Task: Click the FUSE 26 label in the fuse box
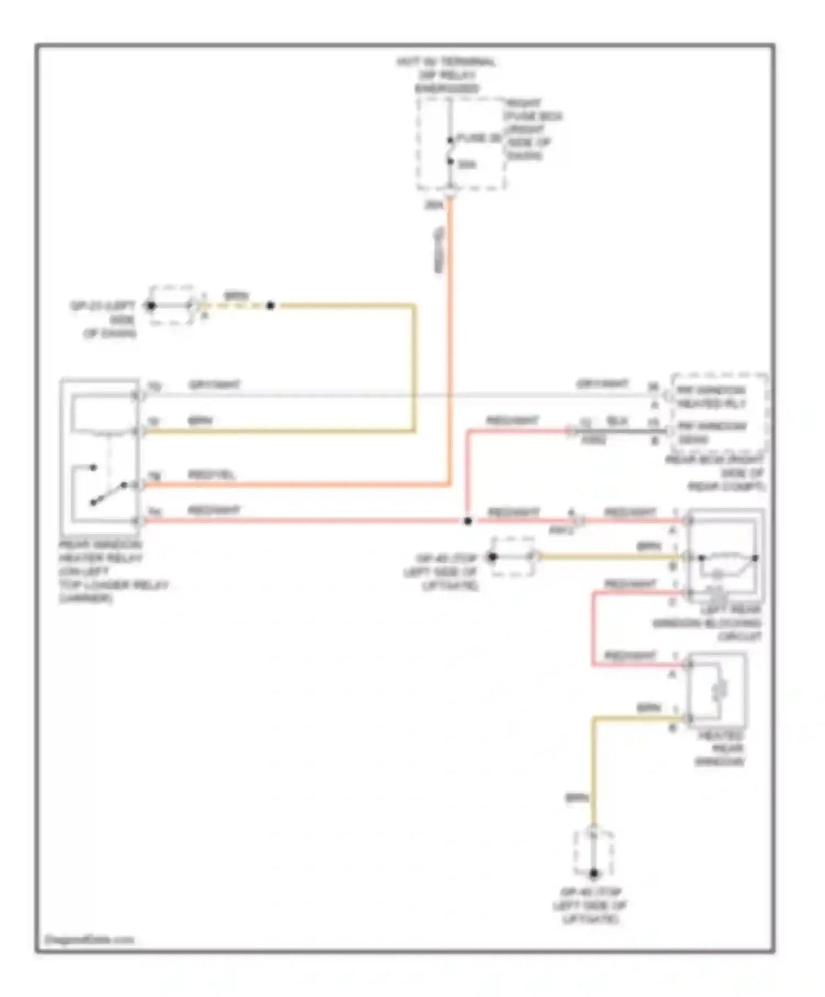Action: click(x=479, y=138)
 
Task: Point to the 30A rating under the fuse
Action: click(x=467, y=164)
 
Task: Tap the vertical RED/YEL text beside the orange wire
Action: click(x=439, y=251)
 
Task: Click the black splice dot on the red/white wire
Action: click(x=468, y=520)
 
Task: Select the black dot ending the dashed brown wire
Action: click(x=270, y=306)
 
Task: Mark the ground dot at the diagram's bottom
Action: click(x=593, y=873)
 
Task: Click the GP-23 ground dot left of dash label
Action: click(x=151, y=306)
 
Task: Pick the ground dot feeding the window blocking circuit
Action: click(x=492, y=557)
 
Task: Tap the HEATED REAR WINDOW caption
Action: click(x=720, y=748)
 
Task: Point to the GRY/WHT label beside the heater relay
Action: click(x=214, y=385)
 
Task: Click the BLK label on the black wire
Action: click(x=617, y=421)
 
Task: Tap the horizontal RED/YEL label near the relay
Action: click(x=211, y=475)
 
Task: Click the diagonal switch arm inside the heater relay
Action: click(x=107, y=494)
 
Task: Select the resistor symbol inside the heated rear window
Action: click(x=719, y=690)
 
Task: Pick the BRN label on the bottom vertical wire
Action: click(x=576, y=797)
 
